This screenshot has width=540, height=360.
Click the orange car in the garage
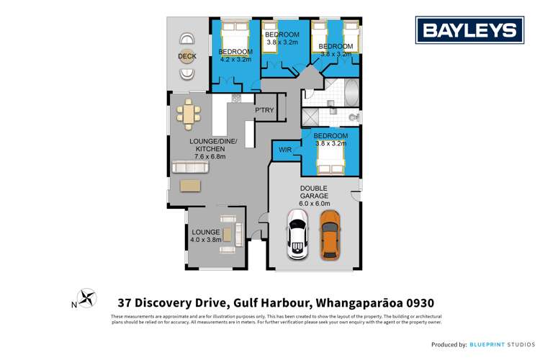(x=329, y=235)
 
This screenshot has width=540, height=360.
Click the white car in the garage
(x=297, y=235)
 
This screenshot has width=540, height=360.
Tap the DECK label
(x=188, y=56)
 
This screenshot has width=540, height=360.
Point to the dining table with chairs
(x=189, y=114)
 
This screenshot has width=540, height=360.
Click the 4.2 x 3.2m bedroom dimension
(x=235, y=60)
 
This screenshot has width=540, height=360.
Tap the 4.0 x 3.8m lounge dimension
(x=205, y=240)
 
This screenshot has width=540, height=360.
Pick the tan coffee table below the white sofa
(x=191, y=185)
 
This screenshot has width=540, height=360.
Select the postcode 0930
(x=415, y=302)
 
